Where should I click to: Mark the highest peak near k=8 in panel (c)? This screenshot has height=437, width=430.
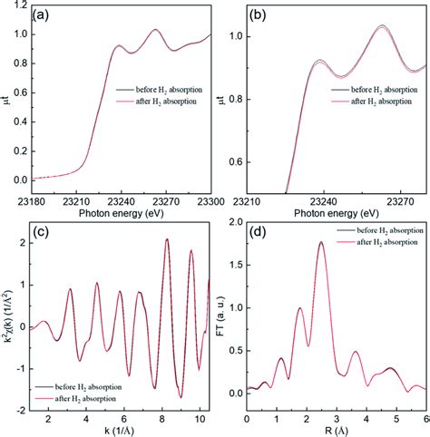tap(166, 239)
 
